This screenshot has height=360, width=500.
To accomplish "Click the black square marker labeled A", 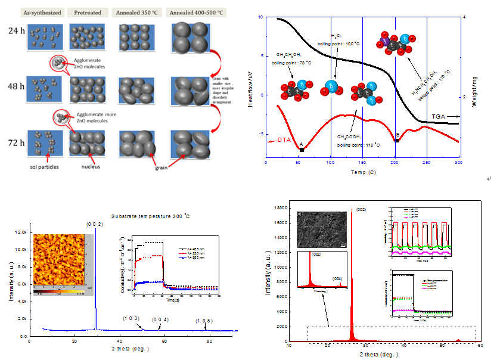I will point(302,149).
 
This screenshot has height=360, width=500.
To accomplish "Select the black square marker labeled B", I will point(396,140).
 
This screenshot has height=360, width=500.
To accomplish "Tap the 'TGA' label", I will point(439,116).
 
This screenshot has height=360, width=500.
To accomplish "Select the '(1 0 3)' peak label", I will point(133,319).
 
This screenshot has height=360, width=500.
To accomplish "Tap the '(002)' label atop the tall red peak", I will point(362,210).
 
